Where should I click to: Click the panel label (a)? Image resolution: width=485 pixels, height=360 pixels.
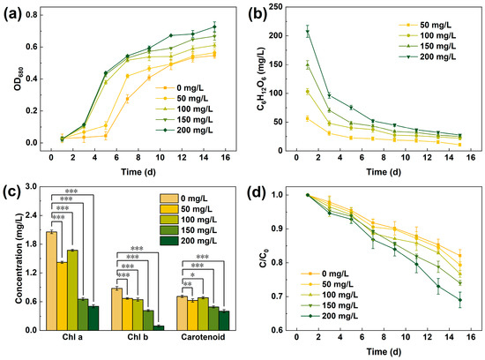coord(12,16)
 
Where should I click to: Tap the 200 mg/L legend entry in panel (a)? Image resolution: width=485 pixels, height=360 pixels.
coord(184,131)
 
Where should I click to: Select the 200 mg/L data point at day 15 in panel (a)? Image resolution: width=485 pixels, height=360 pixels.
coord(214,27)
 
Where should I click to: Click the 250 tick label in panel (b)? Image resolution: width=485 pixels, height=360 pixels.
coord(275,6)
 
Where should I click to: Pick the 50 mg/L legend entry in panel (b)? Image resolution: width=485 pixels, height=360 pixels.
coord(428,25)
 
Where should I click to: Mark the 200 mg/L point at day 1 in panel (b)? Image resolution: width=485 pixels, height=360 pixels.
coord(308,31)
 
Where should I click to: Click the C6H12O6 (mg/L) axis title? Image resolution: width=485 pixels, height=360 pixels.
coord(261,79)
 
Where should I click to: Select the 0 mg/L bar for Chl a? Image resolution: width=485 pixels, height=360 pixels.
coord(51,281)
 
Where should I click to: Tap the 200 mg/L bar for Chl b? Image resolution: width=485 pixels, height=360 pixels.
coord(159,328)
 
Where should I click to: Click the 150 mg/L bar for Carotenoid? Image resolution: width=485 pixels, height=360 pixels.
coord(213,319)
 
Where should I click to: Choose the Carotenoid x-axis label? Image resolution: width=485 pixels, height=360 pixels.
coord(203,337)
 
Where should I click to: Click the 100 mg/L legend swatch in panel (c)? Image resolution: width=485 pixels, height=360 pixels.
coord(169,220)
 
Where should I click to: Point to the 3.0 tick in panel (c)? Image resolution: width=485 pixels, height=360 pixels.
coord(32,186)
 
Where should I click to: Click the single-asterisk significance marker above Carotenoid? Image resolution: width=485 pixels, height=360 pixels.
coord(193,275)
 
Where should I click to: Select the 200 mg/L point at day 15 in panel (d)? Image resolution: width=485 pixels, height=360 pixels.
coord(460,300)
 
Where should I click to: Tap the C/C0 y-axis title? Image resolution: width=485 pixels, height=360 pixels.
coord(264,259)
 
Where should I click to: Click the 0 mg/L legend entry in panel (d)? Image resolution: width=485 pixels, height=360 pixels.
coord(325,274)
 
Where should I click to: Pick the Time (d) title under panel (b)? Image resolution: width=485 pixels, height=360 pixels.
coord(384,172)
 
